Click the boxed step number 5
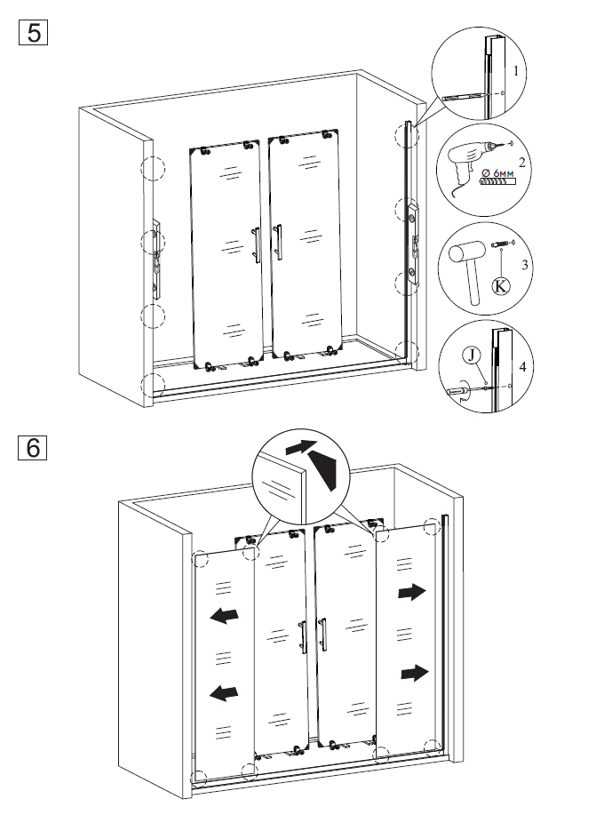coord(33,32)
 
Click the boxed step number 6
coord(32,447)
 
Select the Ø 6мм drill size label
coord(497,172)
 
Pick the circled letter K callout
coord(501,285)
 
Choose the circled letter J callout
coord(471,356)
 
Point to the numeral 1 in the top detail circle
coord(515,71)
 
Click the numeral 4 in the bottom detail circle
coord(522,366)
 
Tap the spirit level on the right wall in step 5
coord(413,244)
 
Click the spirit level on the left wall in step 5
coord(156,260)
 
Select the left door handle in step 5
coord(256,244)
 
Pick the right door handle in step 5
coord(278,242)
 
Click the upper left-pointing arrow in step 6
coord(224,615)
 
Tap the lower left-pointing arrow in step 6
coord(224,693)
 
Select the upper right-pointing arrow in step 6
coord(412,592)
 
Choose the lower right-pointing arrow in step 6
coord(415,673)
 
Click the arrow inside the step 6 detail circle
coord(301,446)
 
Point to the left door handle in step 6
coord(302,636)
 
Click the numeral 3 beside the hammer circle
coord(525,265)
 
